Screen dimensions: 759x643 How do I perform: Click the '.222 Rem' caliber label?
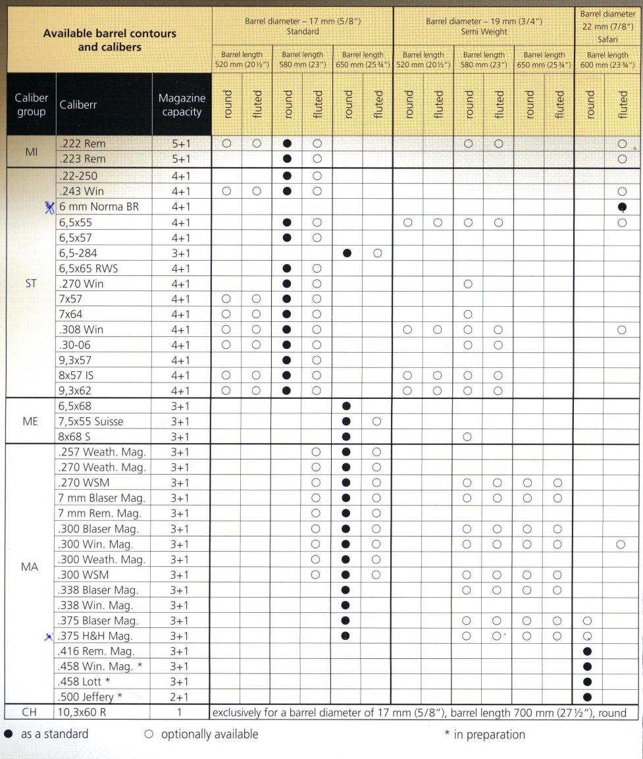[x=82, y=144]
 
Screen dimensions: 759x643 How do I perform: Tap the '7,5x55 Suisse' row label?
[x=91, y=421]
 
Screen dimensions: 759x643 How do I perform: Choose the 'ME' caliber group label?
[x=31, y=421]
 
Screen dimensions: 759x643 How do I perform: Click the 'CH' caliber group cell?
[x=31, y=712]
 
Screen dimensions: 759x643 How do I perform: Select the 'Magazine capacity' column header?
[x=182, y=105]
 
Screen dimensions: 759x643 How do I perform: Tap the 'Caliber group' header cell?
[x=31, y=105]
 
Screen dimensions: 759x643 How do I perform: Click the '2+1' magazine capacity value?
[x=180, y=696]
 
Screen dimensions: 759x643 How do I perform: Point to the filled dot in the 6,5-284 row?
[x=347, y=253]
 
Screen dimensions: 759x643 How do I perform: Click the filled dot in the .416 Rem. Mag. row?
[x=588, y=651]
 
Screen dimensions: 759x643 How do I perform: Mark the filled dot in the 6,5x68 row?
[x=347, y=406]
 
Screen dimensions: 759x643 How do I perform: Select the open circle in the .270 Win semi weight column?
[x=467, y=284]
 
